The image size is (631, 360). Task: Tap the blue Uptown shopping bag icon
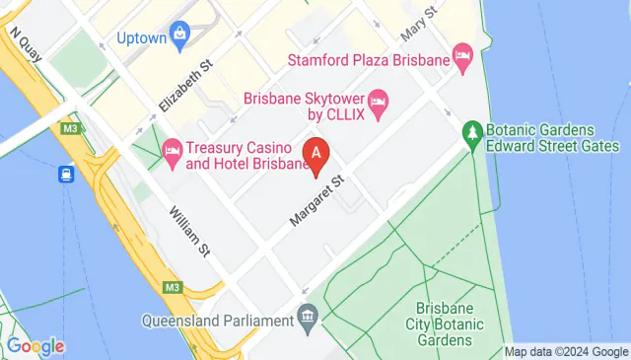coord(179,36)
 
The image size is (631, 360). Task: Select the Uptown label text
coord(141,38)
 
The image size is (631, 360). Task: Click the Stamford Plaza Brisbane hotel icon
coord(460,55)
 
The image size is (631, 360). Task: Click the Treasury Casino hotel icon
coord(172,151)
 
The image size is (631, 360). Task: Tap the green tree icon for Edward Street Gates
coord(473,131)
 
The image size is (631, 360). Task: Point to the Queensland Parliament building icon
coord(307,319)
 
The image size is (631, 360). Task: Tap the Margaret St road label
coord(315,200)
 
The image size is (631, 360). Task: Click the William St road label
coord(189,229)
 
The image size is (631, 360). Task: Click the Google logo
coord(35,346)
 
